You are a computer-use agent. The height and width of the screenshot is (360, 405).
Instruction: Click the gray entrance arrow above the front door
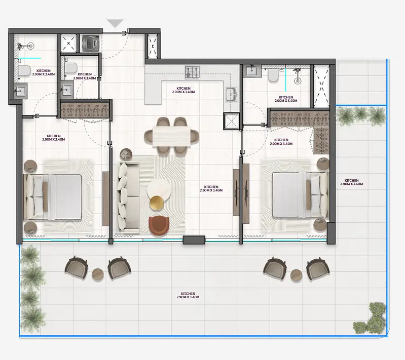[x=115, y=23]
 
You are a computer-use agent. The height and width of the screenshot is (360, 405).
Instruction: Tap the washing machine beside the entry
[x=90, y=43]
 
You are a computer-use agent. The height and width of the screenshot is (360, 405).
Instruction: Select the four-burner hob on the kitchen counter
[x=193, y=72]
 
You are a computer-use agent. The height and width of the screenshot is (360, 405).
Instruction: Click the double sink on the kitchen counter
[x=231, y=95]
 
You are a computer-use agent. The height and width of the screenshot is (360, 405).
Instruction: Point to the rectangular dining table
[x=171, y=136]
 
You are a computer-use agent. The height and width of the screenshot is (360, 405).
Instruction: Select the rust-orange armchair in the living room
[x=159, y=225]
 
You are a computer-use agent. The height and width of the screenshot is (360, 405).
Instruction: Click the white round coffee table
[x=159, y=189]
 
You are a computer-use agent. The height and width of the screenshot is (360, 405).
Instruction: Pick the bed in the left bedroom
[x=53, y=197]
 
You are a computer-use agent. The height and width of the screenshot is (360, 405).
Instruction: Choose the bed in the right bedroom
[x=300, y=195]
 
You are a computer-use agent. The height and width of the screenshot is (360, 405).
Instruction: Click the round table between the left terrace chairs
[x=98, y=274]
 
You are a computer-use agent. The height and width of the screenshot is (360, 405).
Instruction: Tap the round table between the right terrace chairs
[x=296, y=275]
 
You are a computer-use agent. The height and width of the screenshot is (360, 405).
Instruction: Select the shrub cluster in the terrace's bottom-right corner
[x=370, y=319]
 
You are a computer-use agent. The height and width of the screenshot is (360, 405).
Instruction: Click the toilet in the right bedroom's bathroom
[x=273, y=75]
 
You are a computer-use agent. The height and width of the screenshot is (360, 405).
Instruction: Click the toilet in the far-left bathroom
[x=24, y=71]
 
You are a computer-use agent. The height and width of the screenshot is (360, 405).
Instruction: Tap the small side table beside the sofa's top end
[x=126, y=154]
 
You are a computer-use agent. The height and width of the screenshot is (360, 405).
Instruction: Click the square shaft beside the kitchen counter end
[x=231, y=121]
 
